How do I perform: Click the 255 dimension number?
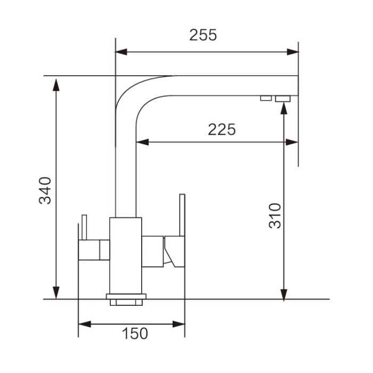203,35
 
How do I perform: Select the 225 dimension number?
222,129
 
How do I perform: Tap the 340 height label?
45,190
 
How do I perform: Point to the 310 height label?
275,216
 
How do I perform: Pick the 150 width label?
135,333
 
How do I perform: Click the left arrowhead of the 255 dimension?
121,52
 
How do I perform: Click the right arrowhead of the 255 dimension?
293,52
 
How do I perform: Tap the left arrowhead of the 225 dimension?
142,142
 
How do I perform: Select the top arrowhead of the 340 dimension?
56,85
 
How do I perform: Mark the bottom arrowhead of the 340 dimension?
56,293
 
